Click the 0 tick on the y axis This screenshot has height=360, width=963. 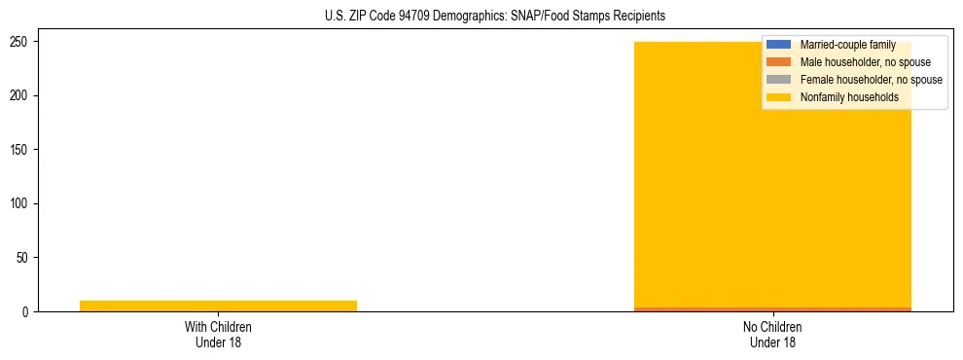pyautogui.click(x=27, y=311)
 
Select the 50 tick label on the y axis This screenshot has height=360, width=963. pyautogui.click(x=24, y=258)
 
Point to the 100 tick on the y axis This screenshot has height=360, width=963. pyautogui.click(x=21, y=203)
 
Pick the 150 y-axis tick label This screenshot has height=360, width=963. pyautogui.click(x=21, y=150)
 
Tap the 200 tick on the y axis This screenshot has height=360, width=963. pyautogui.click(x=21, y=95)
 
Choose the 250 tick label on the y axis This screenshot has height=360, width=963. pyautogui.click(x=21, y=42)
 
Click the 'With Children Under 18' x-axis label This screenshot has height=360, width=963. pyautogui.click(x=218, y=334)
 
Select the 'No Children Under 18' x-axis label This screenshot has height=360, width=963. pyautogui.click(x=772, y=334)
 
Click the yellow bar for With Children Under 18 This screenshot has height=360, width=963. pyautogui.click(x=218, y=306)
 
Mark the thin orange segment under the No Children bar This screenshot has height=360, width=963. pyautogui.click(x=772, y=309)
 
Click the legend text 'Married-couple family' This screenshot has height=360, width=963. pyautogui.click(x=847, y=45)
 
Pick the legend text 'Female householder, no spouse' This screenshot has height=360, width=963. pyautogui.click(x=871, y=80)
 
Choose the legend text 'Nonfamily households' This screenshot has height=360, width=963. pyautogui.click(x=849, y=97)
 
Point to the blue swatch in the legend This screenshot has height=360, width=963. pyautogui.click(x=779, y=45)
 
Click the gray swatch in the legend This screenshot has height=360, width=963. pyautogui.click(x=779, y=80)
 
